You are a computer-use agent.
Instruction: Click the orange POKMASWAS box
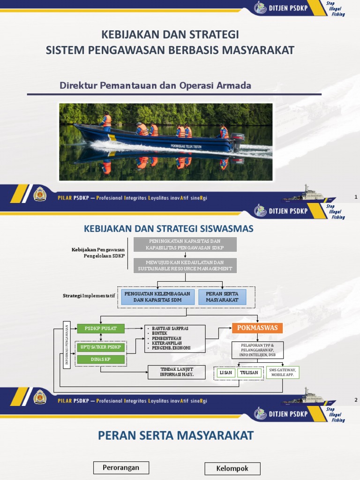tap(257, 328)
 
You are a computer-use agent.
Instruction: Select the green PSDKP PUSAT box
tap(101, 328)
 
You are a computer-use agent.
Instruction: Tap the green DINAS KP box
tap(101, 360)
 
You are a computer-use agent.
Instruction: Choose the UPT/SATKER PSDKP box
tap(101, 347)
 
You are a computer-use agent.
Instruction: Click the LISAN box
tap(225, 373)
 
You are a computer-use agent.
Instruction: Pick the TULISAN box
tap(248, 373)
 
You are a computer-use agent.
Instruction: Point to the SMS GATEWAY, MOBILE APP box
tap(283, 373)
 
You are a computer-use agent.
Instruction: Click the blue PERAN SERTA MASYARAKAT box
tap(222, 297)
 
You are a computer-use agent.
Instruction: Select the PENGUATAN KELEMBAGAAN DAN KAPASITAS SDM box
tap(157, 297)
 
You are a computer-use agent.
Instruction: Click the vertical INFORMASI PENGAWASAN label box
tap(67, 345)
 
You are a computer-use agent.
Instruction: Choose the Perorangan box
tap(121, 467)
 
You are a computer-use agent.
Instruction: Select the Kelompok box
tap(232, 468)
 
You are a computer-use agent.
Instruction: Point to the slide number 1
tap(356, 197)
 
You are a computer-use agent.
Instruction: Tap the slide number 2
tap(356, 400)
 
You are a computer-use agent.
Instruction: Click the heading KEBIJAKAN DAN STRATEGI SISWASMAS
tap(168, 229)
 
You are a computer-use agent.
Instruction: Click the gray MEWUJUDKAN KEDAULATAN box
tap(185, 265)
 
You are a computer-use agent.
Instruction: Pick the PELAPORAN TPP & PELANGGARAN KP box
tap(257, 350)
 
